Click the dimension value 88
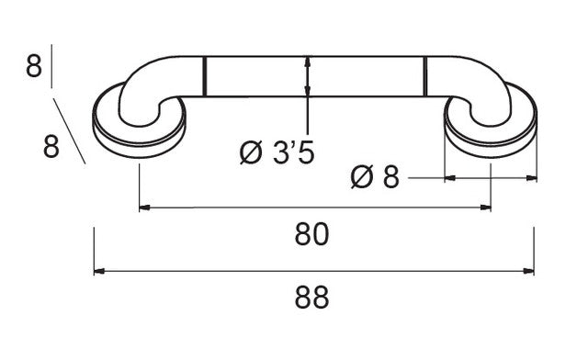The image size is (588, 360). [x=311, y=297]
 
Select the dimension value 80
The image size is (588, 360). [x=311, y=234]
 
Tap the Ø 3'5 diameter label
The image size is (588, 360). [x=277, y=153]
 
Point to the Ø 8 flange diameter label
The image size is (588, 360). [x=375, y=176]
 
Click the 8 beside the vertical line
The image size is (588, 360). [x=34, y=66]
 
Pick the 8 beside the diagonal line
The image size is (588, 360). [x=51, y=146]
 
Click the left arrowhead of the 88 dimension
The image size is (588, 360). [x=98, y=271]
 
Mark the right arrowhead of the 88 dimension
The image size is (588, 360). [x=529, y=271]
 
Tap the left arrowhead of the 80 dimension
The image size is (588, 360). [x=144, y=208]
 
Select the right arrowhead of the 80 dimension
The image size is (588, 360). [x=486, y=208]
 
